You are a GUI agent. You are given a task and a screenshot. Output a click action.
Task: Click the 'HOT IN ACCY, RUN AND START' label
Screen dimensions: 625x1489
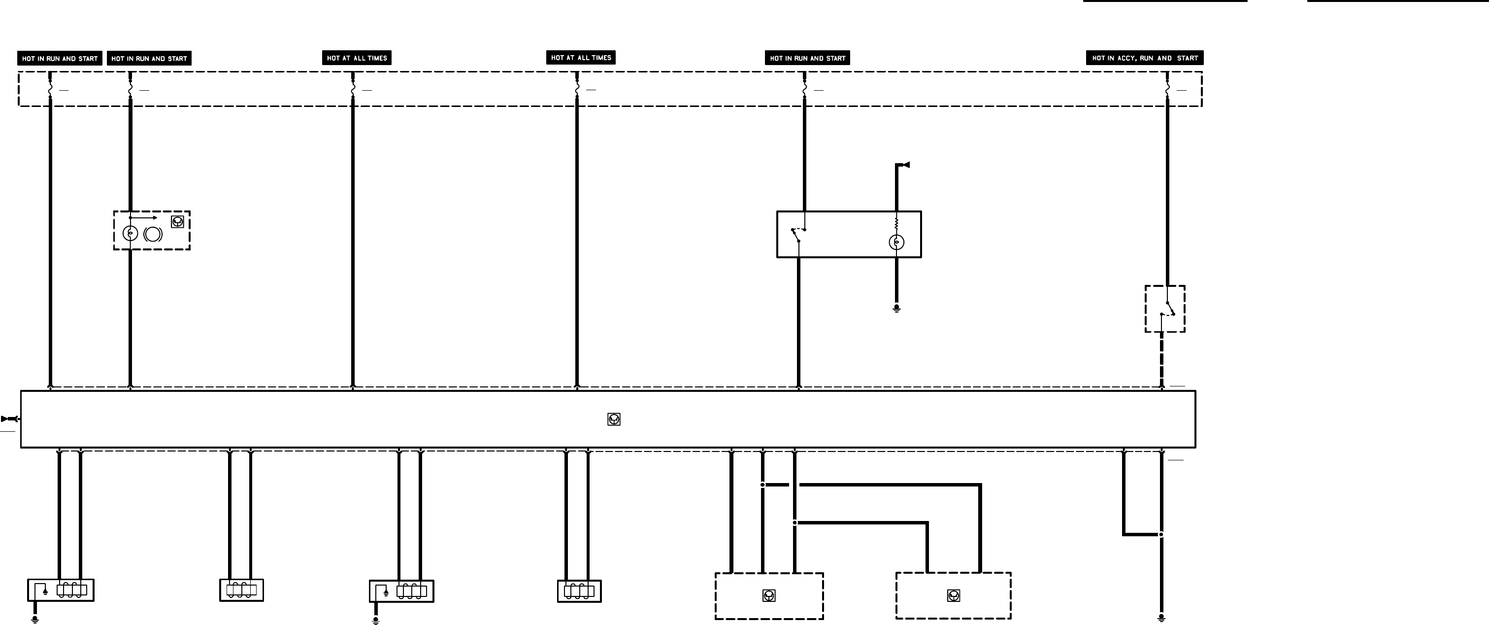click(1145, 58)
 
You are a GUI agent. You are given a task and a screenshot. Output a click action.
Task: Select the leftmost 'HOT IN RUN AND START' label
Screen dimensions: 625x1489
click(60, 58)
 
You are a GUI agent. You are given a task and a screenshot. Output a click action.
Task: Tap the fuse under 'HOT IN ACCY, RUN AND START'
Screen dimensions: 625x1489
click(1167, 90)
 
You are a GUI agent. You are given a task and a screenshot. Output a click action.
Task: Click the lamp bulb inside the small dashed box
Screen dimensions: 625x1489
click(131, 233)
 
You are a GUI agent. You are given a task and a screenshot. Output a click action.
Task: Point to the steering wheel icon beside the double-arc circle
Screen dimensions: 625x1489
click(177, 221)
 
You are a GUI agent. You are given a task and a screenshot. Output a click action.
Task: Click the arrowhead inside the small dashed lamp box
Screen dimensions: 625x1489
click(154, 218)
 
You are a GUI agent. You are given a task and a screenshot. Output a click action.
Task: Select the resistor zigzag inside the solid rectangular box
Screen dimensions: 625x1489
click(896, 224)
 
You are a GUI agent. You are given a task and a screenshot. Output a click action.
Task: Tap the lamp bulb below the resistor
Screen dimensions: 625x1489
click(896, 242)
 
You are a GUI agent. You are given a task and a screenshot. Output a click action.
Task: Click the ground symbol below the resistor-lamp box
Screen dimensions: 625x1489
click(896, 308)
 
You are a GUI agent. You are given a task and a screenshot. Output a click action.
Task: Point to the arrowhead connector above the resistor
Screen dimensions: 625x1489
click(906, 165)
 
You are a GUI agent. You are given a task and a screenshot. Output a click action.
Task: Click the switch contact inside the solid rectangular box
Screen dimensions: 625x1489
click(797, 234)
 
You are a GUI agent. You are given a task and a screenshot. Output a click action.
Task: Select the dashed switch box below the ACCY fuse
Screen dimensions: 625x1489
click(1165, 309)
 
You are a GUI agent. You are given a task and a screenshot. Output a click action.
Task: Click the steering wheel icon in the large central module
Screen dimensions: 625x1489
click(614, 419)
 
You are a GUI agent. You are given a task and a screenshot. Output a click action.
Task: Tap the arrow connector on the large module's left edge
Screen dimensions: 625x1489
click(10, 418)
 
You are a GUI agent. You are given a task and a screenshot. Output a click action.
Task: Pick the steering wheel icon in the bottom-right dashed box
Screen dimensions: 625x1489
click(954, 595)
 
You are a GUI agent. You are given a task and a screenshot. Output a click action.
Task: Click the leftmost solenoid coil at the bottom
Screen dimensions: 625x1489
click(72, 590)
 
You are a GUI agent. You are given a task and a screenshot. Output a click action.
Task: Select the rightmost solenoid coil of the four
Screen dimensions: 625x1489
click(579, 591)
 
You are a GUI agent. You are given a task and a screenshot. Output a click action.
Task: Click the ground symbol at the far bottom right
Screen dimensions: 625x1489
click(1162, 618)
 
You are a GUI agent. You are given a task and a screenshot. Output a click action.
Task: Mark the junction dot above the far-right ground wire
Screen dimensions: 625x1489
click(1161, 534)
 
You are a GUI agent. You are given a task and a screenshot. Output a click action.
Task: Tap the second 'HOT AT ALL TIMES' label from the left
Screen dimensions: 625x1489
click(581, 57)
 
